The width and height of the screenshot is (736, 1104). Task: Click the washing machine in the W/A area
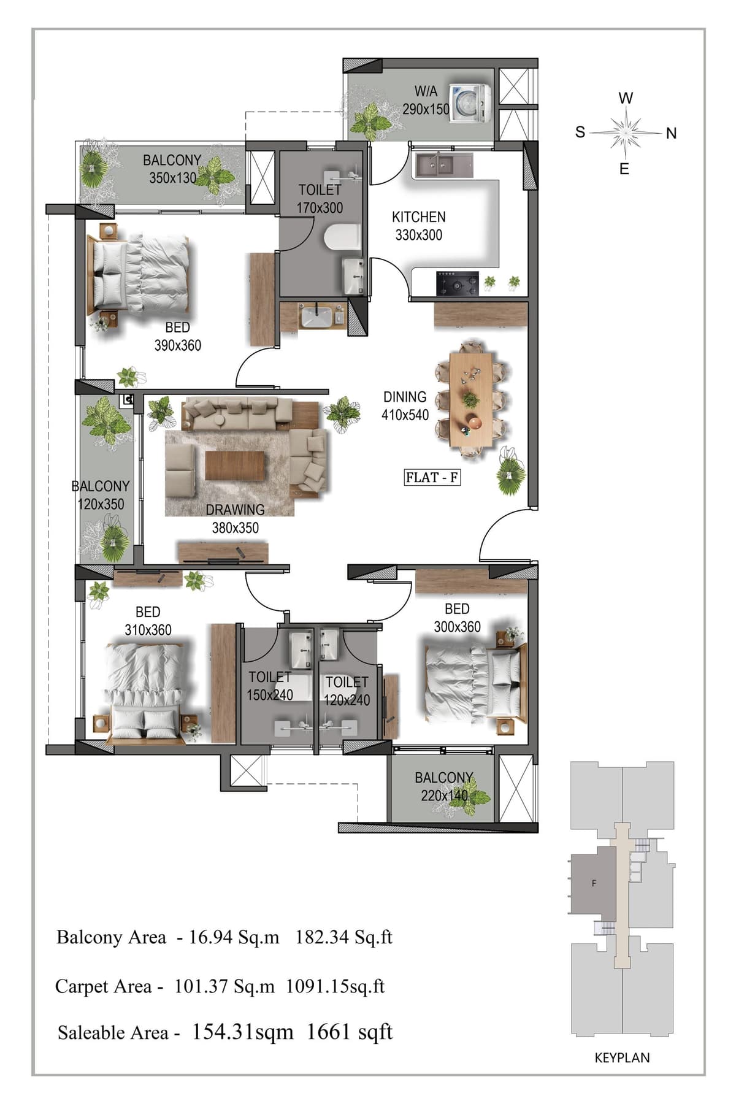470,102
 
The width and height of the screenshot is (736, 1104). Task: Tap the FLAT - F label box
432,477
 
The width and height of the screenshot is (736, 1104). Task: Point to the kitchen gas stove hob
457,283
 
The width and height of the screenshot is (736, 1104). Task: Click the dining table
471,399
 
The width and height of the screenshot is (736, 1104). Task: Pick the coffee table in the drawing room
235,466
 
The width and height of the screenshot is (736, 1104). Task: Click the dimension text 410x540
405,415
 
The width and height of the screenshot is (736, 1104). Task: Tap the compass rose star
625,131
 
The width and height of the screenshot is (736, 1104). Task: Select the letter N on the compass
671,133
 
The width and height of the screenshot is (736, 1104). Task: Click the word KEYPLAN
622,1057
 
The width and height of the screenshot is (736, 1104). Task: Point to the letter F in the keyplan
594,884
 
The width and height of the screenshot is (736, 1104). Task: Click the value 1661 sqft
349,1032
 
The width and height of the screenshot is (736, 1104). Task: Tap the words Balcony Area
111,937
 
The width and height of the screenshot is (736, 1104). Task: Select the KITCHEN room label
419,217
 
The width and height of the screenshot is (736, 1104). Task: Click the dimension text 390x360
178,345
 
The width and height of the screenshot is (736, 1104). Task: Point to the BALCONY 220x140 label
444,786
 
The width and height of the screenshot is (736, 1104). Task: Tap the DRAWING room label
235,510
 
